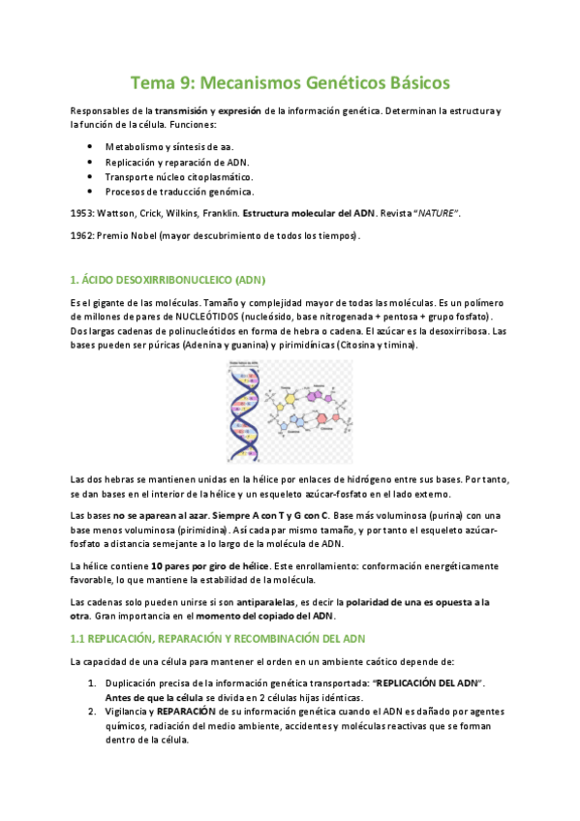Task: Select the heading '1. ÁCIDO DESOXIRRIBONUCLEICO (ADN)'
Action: pyautogui.click(x=167, y=280)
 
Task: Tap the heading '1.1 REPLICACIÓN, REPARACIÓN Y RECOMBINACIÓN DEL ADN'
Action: pyautogui.click(x=216, y=639)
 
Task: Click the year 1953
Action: pyautogui.click(x=82, y=211)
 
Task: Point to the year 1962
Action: pyautogui.click(x=82, y=235)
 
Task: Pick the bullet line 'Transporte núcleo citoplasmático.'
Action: pyautogui.click(x=179, y=177)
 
